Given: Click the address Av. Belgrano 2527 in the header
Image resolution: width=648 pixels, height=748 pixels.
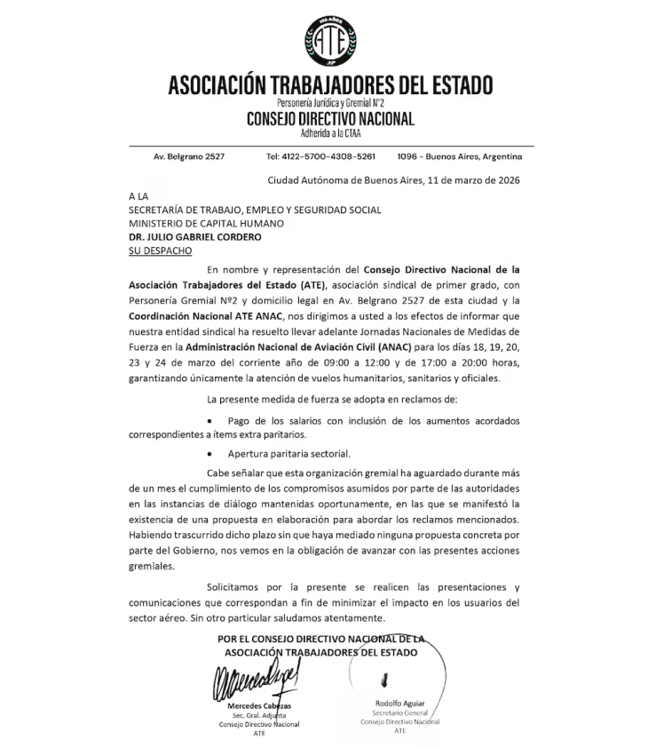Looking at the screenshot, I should pyautogui.click(x=189, y=156).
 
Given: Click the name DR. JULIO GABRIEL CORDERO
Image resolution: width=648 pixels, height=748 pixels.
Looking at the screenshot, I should pyautogui.click(x=183, y=237).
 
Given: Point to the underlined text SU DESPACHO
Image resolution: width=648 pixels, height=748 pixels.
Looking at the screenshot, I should pyautogui.click(x=160, y=251).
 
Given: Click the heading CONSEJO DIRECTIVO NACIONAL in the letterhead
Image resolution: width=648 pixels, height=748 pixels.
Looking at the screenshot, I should pyautogui.click(x=330, y=119).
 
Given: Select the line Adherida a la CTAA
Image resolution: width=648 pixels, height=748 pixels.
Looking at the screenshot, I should pyautogui.click(x=330, y=134).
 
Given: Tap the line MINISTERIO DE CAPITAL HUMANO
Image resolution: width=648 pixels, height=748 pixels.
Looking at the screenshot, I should pyautogui.click(x=206, y=224).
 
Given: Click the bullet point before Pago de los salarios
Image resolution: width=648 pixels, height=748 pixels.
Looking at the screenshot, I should pyautogui.click(x=209, y=419).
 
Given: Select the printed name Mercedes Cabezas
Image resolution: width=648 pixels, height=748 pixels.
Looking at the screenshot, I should pyautogui.click(x=259, y=706).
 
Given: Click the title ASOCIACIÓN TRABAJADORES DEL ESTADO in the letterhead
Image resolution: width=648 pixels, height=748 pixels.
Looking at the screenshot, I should pyautogui.click(x=330, y=87).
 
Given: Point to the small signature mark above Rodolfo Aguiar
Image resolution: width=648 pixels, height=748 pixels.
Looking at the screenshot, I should pyautogui.click(x=383, y=682).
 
